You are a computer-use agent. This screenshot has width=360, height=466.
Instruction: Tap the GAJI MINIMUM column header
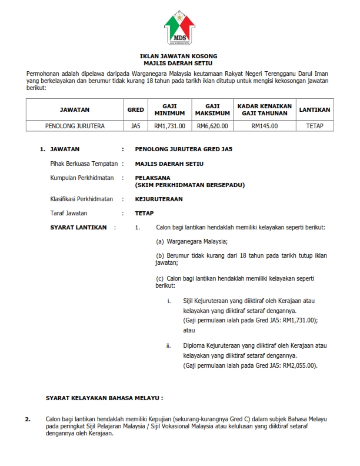click(x=170, y=109)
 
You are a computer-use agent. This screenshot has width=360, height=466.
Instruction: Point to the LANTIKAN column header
click(x=315, y=109)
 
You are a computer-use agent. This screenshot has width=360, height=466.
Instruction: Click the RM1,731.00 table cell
click(x=170, y=126)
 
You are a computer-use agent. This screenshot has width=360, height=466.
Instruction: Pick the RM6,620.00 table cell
click(x=212, y=126)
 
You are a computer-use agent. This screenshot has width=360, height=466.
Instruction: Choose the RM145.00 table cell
click(x=265, y=126)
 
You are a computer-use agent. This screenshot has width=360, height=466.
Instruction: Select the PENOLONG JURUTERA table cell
click(x=75, y=126)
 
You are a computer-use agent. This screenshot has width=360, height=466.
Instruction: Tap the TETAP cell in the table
click(x=315, y=126)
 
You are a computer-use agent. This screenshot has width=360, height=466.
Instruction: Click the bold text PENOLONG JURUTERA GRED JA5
click(x=184, y=149)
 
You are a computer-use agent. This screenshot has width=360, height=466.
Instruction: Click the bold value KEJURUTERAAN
click(x=159, y=199)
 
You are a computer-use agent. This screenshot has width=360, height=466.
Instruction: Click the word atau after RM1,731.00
click(x=189, y=331)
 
